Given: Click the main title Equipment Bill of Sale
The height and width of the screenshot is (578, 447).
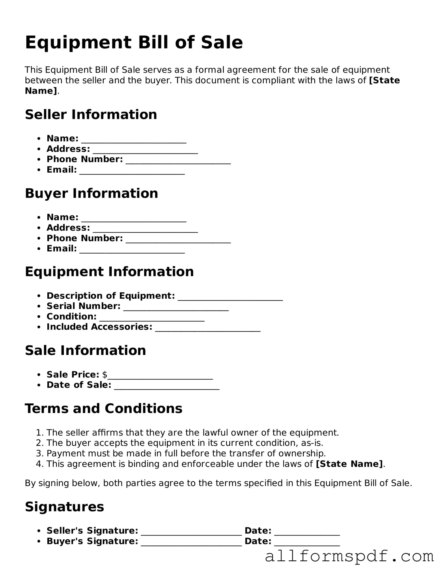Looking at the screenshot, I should pyautogui.click(x=134, y=42).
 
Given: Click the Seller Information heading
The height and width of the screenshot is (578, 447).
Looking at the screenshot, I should pyautogui.click(x=91, y=115).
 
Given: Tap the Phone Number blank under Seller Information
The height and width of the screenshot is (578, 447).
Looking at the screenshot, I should pyautogui.click(x=178, y=160).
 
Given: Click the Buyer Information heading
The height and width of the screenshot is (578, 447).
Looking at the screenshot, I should pyautogui.click(x=92, y=193).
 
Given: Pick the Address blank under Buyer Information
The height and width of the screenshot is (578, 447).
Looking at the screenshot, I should pyautogui.click(x=145, y=229).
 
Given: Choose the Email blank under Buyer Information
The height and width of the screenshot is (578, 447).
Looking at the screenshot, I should pyautogui.click(x=132, y=250).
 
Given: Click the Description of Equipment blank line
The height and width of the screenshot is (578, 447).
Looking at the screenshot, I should pyautogui.click(x=230, y=297).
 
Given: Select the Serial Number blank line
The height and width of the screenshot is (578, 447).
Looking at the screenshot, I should pyautogui.click(x=176, y=307).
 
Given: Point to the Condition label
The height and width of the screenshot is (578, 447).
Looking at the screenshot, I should pyautogui.click(x=72, y=317).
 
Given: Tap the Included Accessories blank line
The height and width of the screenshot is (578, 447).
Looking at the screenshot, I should pyautogui.click(x=208, y=328).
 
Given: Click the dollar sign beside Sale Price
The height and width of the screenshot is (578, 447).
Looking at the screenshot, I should pyautogui.click(x=105, y=375).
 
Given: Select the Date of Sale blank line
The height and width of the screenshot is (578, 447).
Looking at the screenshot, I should pyautogui.click(x=167, y=386).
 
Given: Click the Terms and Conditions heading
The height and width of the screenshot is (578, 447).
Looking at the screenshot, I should pyautogui.click(x=104, y=409).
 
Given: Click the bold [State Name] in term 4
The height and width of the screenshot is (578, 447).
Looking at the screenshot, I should pyautogui.click(x=349, y=464).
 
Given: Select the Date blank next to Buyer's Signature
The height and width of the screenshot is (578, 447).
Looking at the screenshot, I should pyautogui.click(x=307, y=542).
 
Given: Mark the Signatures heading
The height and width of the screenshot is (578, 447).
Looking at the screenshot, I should pyautogui.click(x=64, y=507).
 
